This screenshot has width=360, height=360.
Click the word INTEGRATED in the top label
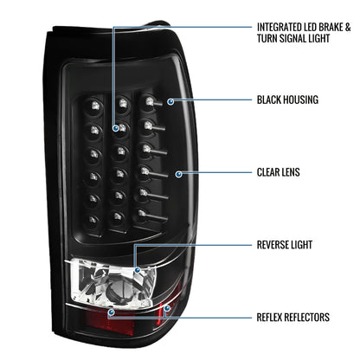280,28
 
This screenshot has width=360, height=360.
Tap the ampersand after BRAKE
348,28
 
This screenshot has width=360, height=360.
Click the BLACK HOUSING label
287,100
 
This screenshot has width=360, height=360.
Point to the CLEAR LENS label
279,172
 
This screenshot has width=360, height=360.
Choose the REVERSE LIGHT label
285,245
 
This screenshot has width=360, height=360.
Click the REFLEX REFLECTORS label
293,317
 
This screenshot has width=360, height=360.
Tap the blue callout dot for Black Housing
170,101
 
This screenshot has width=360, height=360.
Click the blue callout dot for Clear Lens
179,174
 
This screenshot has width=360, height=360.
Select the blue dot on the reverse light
138,270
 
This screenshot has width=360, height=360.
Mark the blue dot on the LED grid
116,128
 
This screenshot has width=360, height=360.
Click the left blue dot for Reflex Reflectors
111,312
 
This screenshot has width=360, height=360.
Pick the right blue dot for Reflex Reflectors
167,308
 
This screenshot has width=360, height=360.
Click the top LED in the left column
94,105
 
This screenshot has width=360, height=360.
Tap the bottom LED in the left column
93,220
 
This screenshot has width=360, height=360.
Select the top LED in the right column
149,101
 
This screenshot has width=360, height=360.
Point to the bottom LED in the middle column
118,215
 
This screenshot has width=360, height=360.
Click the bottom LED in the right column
141,214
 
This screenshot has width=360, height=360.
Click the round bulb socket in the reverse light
119,287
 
